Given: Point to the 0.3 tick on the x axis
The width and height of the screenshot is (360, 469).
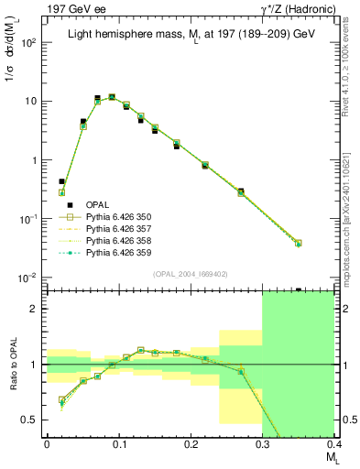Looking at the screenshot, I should [263, 443].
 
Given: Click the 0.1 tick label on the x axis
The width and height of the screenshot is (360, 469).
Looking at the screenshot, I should [118, 443].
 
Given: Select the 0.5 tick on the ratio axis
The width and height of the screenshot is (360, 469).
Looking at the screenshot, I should [33, 420].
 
